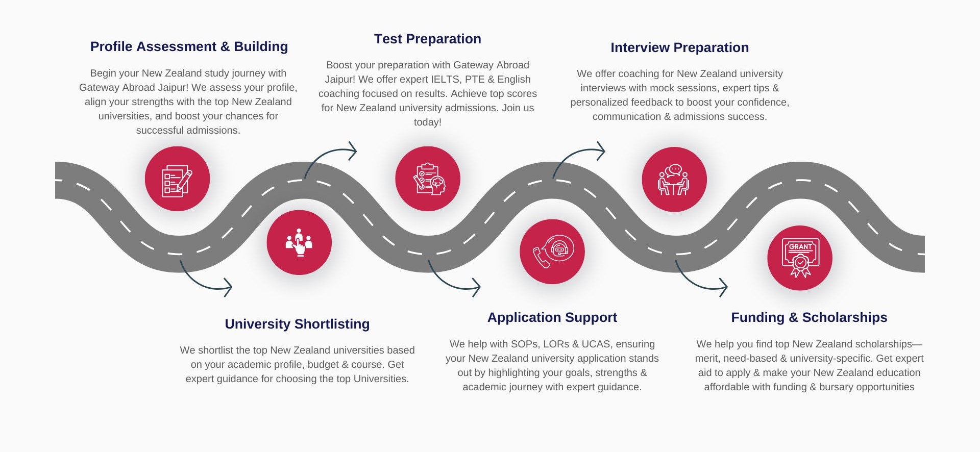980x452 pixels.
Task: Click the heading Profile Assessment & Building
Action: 189,46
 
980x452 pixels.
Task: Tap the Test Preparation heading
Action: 427,39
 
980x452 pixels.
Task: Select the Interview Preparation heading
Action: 679,47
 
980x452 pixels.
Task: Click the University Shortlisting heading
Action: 297,324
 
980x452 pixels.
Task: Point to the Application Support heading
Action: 552,317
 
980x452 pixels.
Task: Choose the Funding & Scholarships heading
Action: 809,317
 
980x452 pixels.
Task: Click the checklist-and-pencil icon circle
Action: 177,179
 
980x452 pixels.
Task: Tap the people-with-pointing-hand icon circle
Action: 299,242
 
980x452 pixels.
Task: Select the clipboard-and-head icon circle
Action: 428,179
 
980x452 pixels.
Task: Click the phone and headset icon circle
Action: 552,252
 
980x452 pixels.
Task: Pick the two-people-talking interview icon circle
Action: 674,180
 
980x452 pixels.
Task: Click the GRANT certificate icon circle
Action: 800,258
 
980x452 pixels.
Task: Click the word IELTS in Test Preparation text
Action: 446,80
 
